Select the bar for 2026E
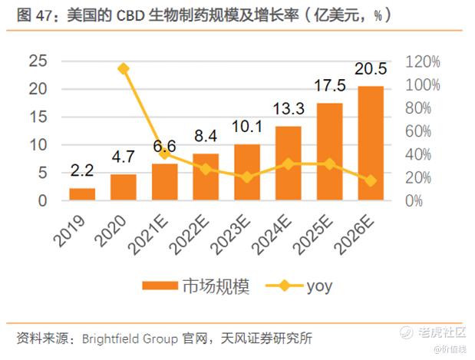(371, 144)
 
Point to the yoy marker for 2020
(124, 69)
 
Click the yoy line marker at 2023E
(247, 177)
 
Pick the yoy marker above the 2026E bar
(371, 180)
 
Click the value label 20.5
(371, 70)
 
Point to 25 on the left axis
(37, 61)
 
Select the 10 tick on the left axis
(37, 145)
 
